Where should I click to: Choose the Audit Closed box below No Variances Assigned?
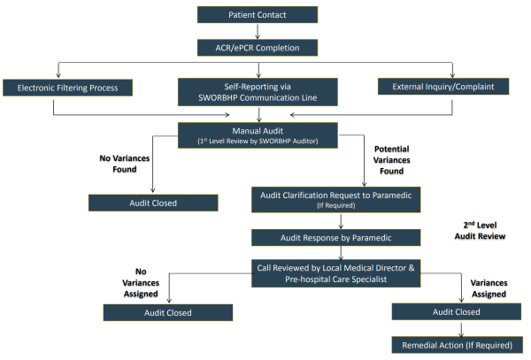pyautogui.click(x=168, y=311)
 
